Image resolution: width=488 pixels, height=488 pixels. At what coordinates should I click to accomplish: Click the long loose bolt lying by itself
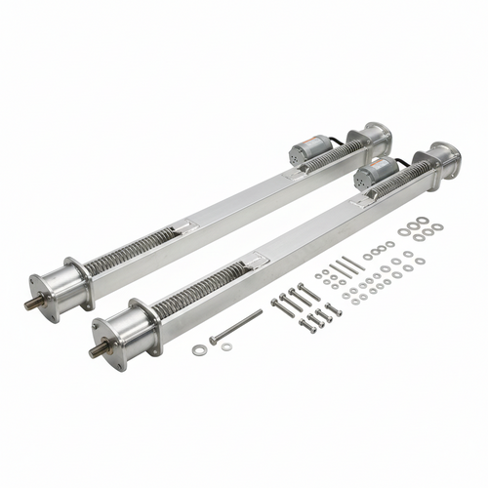pyautogui.click(x=237, y=327)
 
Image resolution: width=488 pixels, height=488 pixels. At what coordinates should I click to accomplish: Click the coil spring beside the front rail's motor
pyautogui.click(x=401, y=178)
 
